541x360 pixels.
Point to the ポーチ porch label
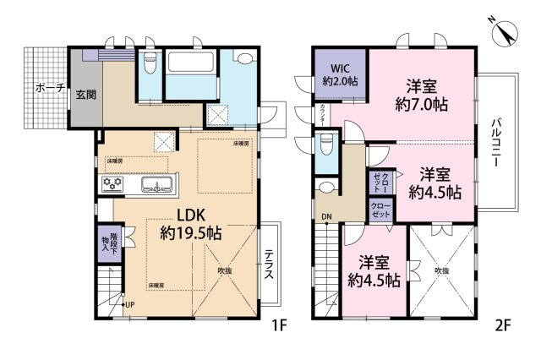[50, 87]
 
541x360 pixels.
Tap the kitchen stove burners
[114, 184]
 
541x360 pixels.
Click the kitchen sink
[157, 184]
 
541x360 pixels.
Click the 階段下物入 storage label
[106, 243]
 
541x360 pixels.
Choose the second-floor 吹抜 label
[441, 270]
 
